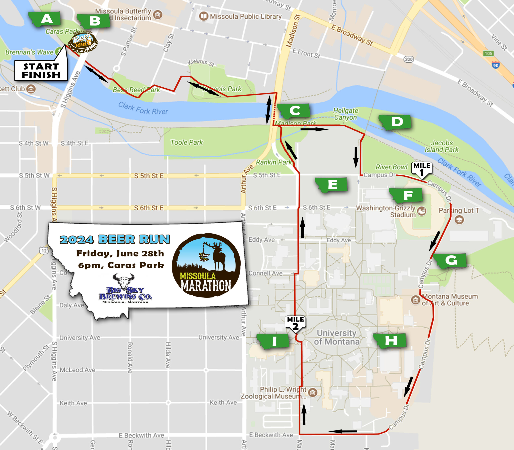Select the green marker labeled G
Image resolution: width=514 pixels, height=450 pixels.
tap(450, 261)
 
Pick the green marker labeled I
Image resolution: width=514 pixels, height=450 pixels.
tap(273, 341)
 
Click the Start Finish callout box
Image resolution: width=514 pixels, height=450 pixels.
tap(41, 71)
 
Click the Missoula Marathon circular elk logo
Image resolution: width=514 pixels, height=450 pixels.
tap(206, 265)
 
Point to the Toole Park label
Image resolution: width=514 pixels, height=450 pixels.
tap(186, 142)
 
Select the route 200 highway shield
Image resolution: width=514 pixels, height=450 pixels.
tap(408, 59)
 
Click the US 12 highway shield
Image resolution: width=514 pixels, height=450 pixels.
tap(44, 250)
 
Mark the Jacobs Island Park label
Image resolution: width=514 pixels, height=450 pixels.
tap(442, 146)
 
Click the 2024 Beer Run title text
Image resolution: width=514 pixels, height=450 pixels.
tap(115, 240)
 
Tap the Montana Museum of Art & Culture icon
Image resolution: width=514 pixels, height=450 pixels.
tap(415, 300)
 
